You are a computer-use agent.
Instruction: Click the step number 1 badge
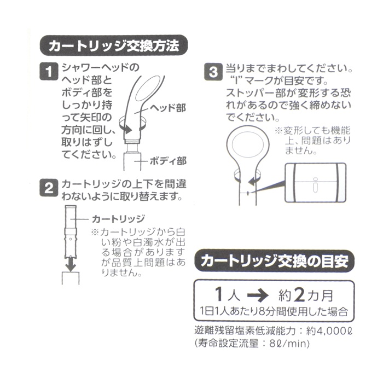tap(49, 71)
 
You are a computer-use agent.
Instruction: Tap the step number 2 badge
tap(49, 188)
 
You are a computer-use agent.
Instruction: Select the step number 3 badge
tap(213, 72)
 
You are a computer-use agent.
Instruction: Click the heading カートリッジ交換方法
tap(114, 45)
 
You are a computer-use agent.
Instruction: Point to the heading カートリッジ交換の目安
tap(274, 261)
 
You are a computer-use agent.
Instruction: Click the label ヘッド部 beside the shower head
tap(168, 108)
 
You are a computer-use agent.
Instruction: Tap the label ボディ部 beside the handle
tap(168, 161)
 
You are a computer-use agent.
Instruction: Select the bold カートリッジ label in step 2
tap(119, 219)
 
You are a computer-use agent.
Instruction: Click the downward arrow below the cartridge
tap(71, 264)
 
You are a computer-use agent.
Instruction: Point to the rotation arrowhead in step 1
tap(127, 129)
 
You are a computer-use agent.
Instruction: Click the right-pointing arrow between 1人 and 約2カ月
tap(258, 295)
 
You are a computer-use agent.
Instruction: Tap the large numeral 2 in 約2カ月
tap(299, 295)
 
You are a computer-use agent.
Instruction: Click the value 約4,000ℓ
tap(329, 331)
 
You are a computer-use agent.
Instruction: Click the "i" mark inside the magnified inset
tap(315, 185)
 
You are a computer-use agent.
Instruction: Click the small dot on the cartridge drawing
tap(71, 240)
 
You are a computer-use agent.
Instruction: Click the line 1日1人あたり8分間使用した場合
tap(274, 311)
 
